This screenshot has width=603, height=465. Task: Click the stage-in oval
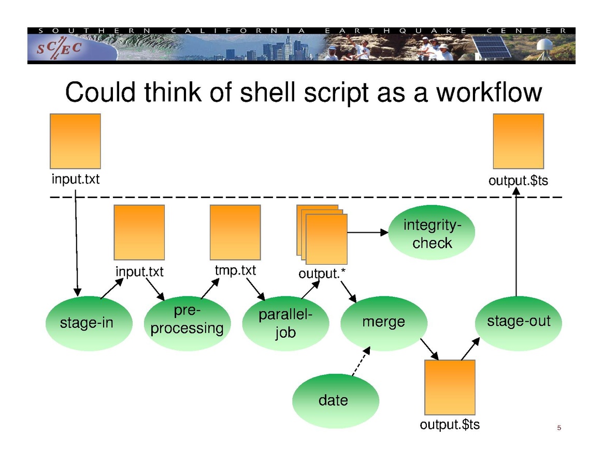click(89, 323)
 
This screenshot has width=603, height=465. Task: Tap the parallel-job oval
click(285, 324)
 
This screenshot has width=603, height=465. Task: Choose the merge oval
click(383, 323)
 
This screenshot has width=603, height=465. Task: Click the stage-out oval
click(518, 322)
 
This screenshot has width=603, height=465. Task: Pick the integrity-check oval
click(432, 233)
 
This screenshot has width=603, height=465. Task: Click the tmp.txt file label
click(235, 271)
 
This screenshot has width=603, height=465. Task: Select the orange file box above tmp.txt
click(235, 232)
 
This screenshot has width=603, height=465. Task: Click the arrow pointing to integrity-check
click(368, 233)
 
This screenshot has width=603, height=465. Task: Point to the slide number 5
click(559, 428)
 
